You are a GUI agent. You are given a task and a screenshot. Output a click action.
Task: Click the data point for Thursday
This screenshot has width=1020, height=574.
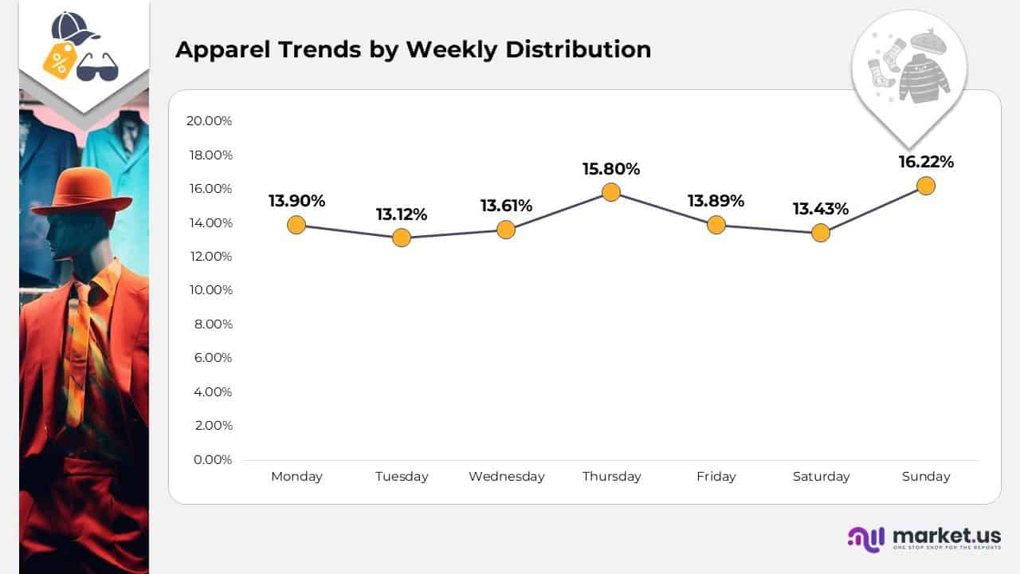(x=611, y=192)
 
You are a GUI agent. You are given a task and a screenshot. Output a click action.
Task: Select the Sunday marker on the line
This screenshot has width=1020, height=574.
(x=925, y=186)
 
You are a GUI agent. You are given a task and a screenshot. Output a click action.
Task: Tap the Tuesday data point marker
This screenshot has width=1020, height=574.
(x=402, y=238)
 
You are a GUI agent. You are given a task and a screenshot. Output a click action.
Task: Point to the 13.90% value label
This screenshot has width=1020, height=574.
(x=296, y=201)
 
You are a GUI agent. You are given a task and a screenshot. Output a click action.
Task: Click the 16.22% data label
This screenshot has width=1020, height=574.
(x=925, y=162)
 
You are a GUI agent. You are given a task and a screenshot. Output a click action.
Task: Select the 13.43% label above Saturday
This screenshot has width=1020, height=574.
(x=820, y=209)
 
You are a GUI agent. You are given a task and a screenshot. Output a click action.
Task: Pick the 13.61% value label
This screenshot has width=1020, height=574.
(x=506, y=206)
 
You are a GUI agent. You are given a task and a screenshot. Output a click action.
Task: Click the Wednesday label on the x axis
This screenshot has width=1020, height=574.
(x=506, y=477)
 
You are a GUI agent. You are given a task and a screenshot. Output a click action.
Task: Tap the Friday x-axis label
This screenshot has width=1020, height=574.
(x=716, y=477)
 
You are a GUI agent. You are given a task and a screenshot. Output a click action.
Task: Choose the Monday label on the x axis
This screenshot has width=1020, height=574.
(x=296, y=477)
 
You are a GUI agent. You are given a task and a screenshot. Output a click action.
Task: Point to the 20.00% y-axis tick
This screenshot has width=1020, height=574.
(x=209, y=121)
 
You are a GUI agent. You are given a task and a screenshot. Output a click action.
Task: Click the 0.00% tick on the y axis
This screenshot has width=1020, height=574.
(x=212, y=460)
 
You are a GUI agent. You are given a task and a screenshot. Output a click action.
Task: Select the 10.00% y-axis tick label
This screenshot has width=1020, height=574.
(x=210, y=290)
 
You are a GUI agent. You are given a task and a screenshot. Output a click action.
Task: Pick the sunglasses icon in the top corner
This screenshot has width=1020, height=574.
(x=97, y=69)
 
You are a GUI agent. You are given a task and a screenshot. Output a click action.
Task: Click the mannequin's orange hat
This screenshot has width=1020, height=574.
(x=81, y=191)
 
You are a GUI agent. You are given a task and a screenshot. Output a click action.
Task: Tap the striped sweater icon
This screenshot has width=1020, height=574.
(x=924, y=78)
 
